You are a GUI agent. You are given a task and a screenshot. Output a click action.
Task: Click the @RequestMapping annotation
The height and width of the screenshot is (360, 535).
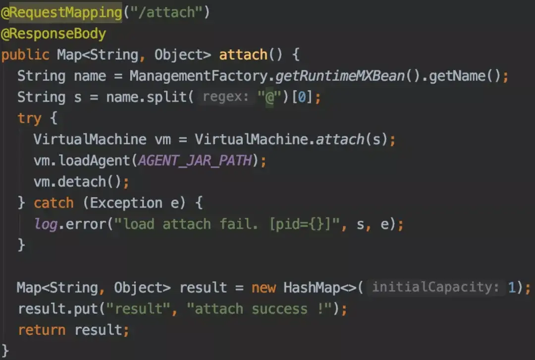61,13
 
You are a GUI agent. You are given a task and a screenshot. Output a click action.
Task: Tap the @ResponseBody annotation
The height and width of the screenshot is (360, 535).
53,34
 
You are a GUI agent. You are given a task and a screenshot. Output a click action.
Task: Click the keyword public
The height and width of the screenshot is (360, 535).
25,54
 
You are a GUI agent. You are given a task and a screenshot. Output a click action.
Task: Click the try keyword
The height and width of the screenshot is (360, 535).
30,118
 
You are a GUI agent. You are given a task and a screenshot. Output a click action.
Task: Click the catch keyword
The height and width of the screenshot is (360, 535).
53,203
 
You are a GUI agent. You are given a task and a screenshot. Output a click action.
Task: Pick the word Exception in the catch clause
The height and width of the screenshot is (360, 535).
126,203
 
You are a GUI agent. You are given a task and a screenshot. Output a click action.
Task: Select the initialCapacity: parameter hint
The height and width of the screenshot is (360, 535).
435,287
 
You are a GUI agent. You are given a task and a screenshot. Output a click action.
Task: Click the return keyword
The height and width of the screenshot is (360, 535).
42,330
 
